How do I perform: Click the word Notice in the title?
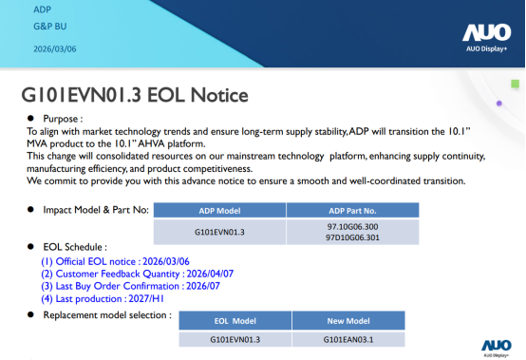click(217, 95)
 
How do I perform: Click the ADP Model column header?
click(219, 211)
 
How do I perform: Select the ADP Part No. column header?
click(351, 211)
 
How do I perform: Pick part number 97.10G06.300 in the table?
click(351, 227)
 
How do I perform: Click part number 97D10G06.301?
click(351, 238)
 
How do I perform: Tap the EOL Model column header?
click(235, 321)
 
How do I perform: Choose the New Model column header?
click(348, 321)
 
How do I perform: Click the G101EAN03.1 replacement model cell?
click(348, 339)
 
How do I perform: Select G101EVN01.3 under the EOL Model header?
click(235, 339)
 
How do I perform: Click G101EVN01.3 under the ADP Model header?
click(219, 233)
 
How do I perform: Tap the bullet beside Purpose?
click(30, 117)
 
